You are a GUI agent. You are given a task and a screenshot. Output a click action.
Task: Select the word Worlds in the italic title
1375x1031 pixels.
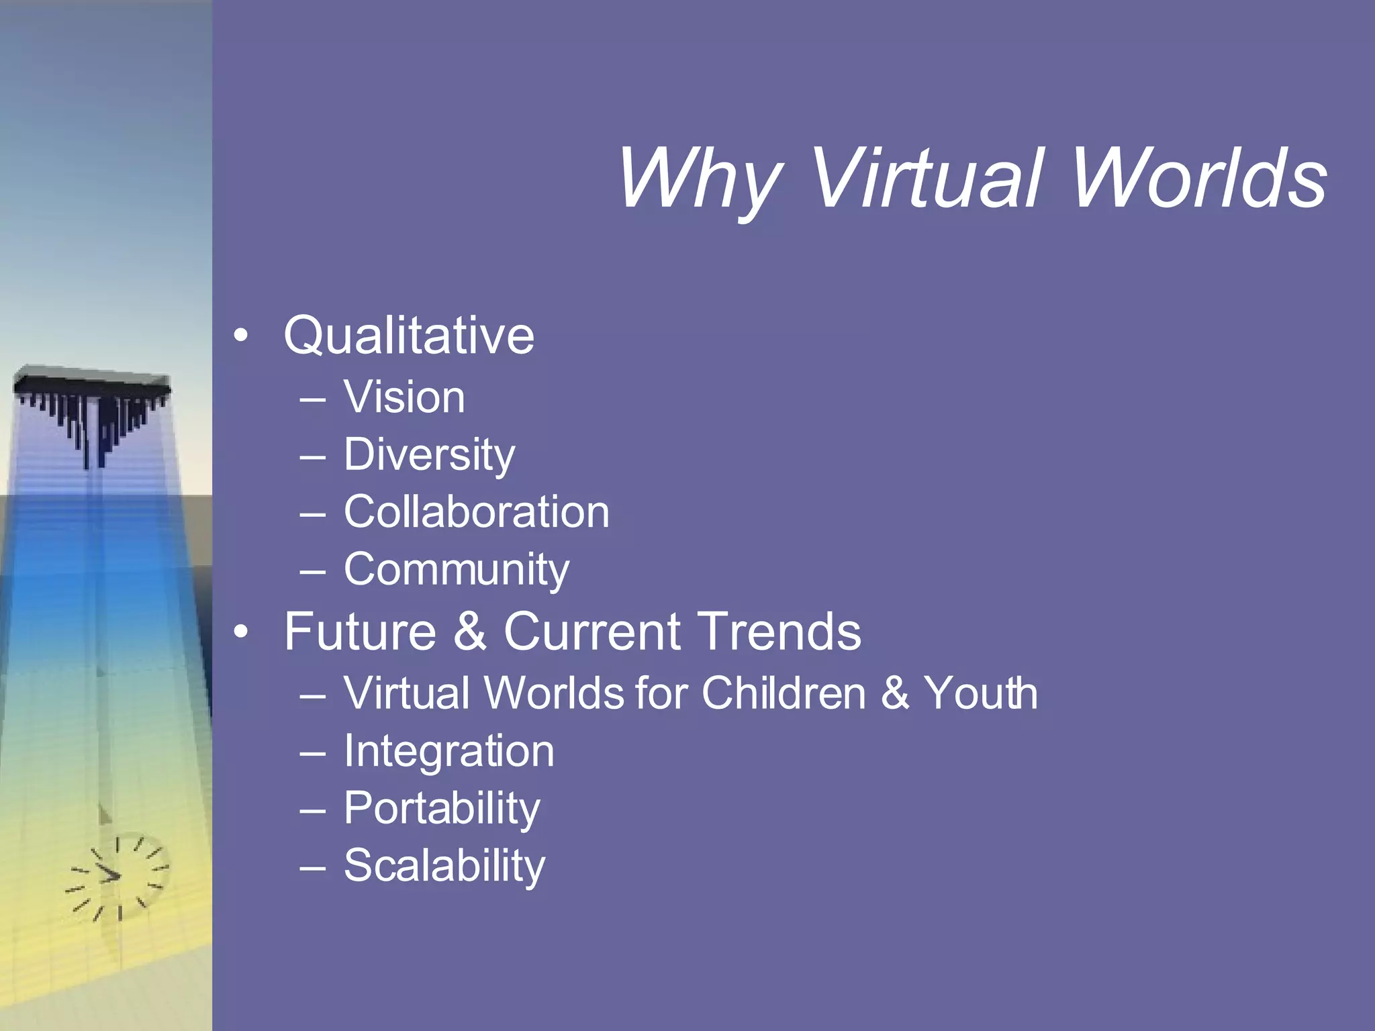(x=1198, y=179)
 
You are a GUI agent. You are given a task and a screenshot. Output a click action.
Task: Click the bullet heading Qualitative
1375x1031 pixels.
(x=409, y=336)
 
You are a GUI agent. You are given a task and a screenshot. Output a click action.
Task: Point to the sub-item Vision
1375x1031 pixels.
(x=404, y=397)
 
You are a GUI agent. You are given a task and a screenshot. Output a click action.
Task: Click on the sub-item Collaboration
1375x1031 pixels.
(x=477, y=512)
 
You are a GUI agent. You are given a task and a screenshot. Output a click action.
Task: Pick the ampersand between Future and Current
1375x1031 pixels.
(x=469, y=632)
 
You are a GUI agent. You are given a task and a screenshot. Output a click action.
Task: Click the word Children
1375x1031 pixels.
(x=784, y=693)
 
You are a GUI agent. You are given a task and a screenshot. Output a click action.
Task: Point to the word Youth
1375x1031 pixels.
(x=981, y=693)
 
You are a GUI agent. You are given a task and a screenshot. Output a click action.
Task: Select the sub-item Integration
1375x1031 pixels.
(x=449, y=752)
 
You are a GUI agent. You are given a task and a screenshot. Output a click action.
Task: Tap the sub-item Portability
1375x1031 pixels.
(x=442, y=809)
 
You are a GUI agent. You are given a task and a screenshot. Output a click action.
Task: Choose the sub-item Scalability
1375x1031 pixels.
(x=444, y=866)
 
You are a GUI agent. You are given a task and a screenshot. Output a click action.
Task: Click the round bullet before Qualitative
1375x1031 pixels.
(x=241, y=336)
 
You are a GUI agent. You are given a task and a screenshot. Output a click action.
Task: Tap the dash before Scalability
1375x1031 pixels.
(x=313, y=867)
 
